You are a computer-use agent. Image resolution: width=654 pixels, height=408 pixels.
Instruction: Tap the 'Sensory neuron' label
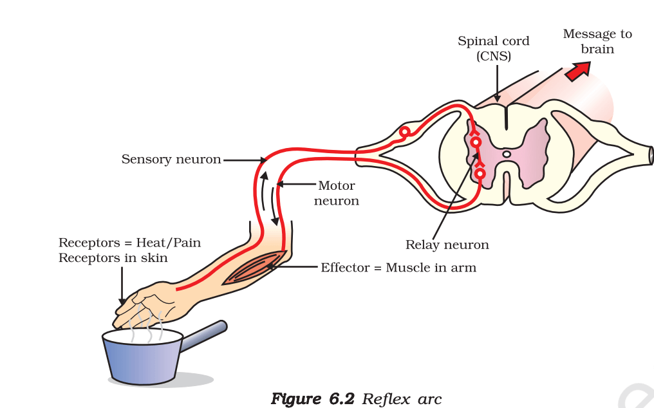click(171, 159)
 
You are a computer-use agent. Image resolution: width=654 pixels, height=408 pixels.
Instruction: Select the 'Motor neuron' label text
click(337, 193)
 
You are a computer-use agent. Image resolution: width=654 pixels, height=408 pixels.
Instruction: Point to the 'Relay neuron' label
click(447, 245)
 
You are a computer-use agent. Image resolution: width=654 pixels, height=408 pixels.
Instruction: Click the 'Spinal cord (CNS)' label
click(494, 48)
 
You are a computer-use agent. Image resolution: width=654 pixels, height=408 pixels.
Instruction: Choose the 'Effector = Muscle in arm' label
click(398, 267)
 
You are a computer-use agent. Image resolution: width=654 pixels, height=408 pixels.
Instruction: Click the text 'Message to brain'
click(597, 41)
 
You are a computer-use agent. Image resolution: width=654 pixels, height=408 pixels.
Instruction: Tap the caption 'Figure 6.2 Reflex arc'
click(357, 398)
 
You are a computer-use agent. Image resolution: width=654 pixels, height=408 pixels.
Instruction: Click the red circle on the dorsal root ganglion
click(405, 132)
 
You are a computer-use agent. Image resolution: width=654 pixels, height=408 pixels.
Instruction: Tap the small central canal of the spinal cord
click(507, 154)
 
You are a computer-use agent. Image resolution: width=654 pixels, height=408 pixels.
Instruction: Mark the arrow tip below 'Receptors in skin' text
click(122, 302)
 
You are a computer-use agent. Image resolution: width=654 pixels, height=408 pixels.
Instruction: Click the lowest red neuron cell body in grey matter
click(480, 172)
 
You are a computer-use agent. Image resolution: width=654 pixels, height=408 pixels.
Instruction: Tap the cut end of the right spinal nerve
click(651, 155)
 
